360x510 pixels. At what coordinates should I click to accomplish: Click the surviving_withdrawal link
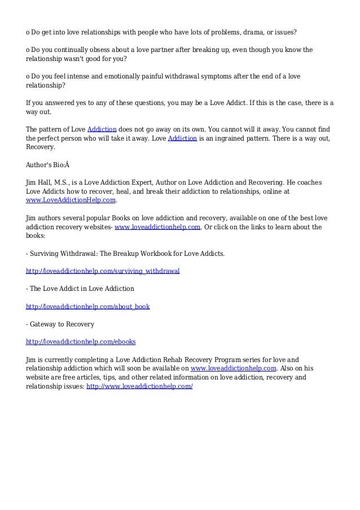coord(103,271)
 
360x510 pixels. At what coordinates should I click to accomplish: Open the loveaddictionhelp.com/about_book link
coord(87,306)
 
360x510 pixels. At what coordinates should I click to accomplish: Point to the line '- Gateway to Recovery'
coord(60,324)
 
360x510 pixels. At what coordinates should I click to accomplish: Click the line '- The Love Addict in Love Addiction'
coord(80,289)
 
